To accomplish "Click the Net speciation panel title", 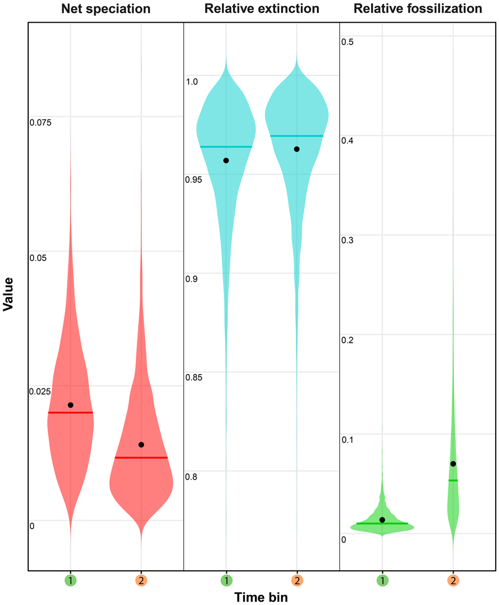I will point(105,9).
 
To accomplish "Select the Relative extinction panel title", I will point(262,9).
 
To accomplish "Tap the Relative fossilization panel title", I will point(418,9).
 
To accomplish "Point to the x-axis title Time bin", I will point(261,597).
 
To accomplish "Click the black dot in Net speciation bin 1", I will point(71,405).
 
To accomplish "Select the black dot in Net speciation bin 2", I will point(141,445).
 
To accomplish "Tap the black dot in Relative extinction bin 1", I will point(226,160).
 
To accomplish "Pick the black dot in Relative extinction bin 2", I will point(297,149).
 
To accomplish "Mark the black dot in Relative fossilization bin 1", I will point(383,520).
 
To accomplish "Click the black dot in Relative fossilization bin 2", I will point(453,464).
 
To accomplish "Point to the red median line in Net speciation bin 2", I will point(141,457).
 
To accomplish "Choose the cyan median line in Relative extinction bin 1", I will point(226,146).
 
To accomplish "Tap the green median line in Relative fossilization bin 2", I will point(453,480).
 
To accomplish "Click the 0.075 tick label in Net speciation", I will point(40,122).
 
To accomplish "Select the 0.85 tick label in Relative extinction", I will point(194,378).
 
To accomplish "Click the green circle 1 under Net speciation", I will point(70,580).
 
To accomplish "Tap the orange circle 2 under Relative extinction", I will point(297,580).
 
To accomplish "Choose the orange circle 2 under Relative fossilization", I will point(453,580).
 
